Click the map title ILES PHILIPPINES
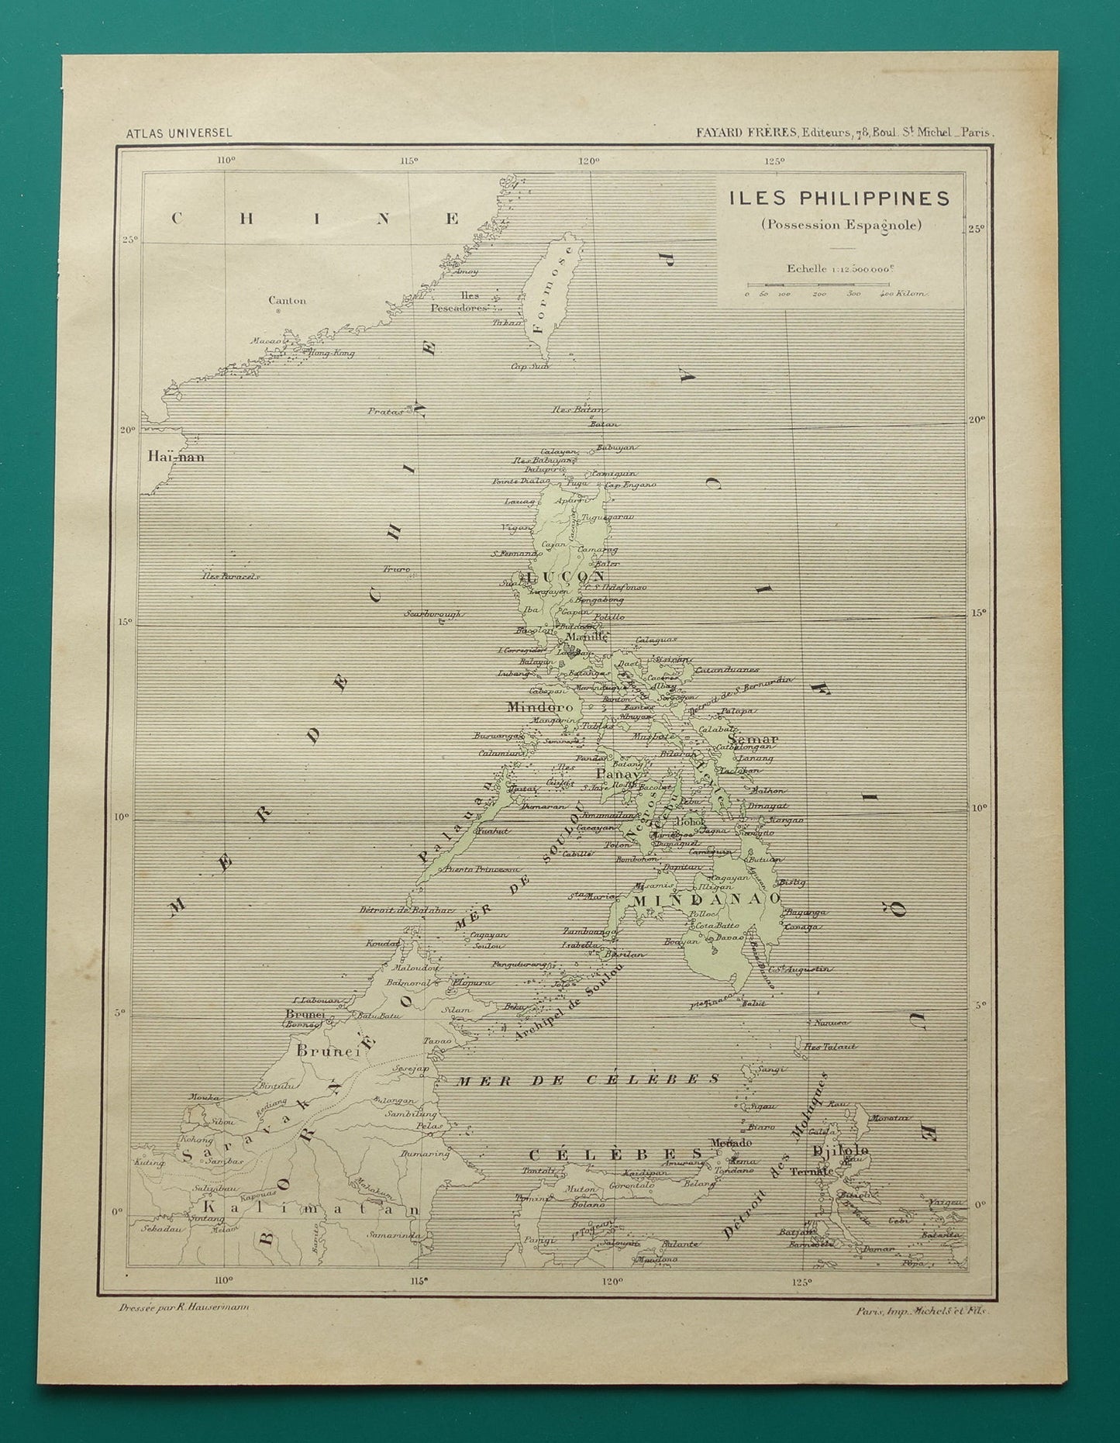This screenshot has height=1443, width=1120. point(839,198)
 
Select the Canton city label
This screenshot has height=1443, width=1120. point(287,301)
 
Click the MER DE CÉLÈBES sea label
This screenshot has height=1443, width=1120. point(588,1079)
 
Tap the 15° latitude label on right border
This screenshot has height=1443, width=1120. point(978,613)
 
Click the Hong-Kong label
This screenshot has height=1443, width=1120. point(331,354)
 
